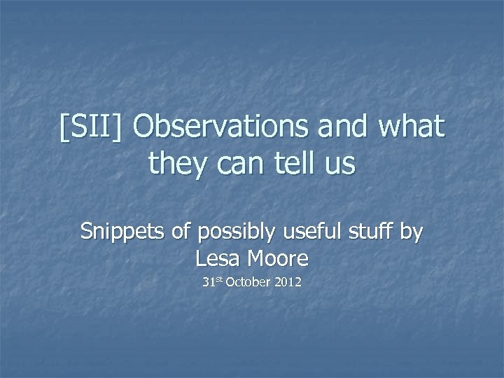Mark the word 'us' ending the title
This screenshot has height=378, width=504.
343,165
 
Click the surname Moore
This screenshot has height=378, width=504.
279,260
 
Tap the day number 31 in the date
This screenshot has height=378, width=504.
207,284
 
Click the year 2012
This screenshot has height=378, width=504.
288,284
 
